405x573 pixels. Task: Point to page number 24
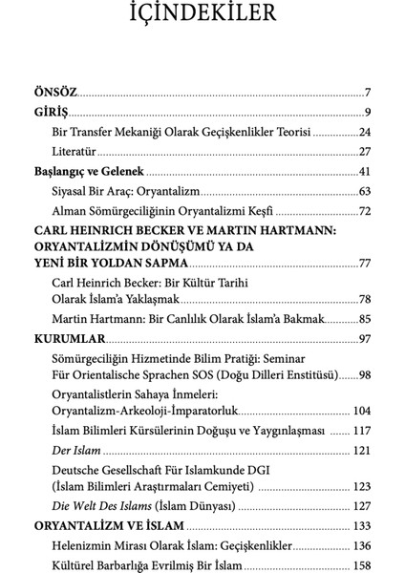(x=364, y=133)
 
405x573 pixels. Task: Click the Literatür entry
(x=75, y=152)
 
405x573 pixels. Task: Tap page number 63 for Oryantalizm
(x=364, y=192)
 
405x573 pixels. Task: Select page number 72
(x=364, y=211)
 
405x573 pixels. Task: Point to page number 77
(x=364, y=263)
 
